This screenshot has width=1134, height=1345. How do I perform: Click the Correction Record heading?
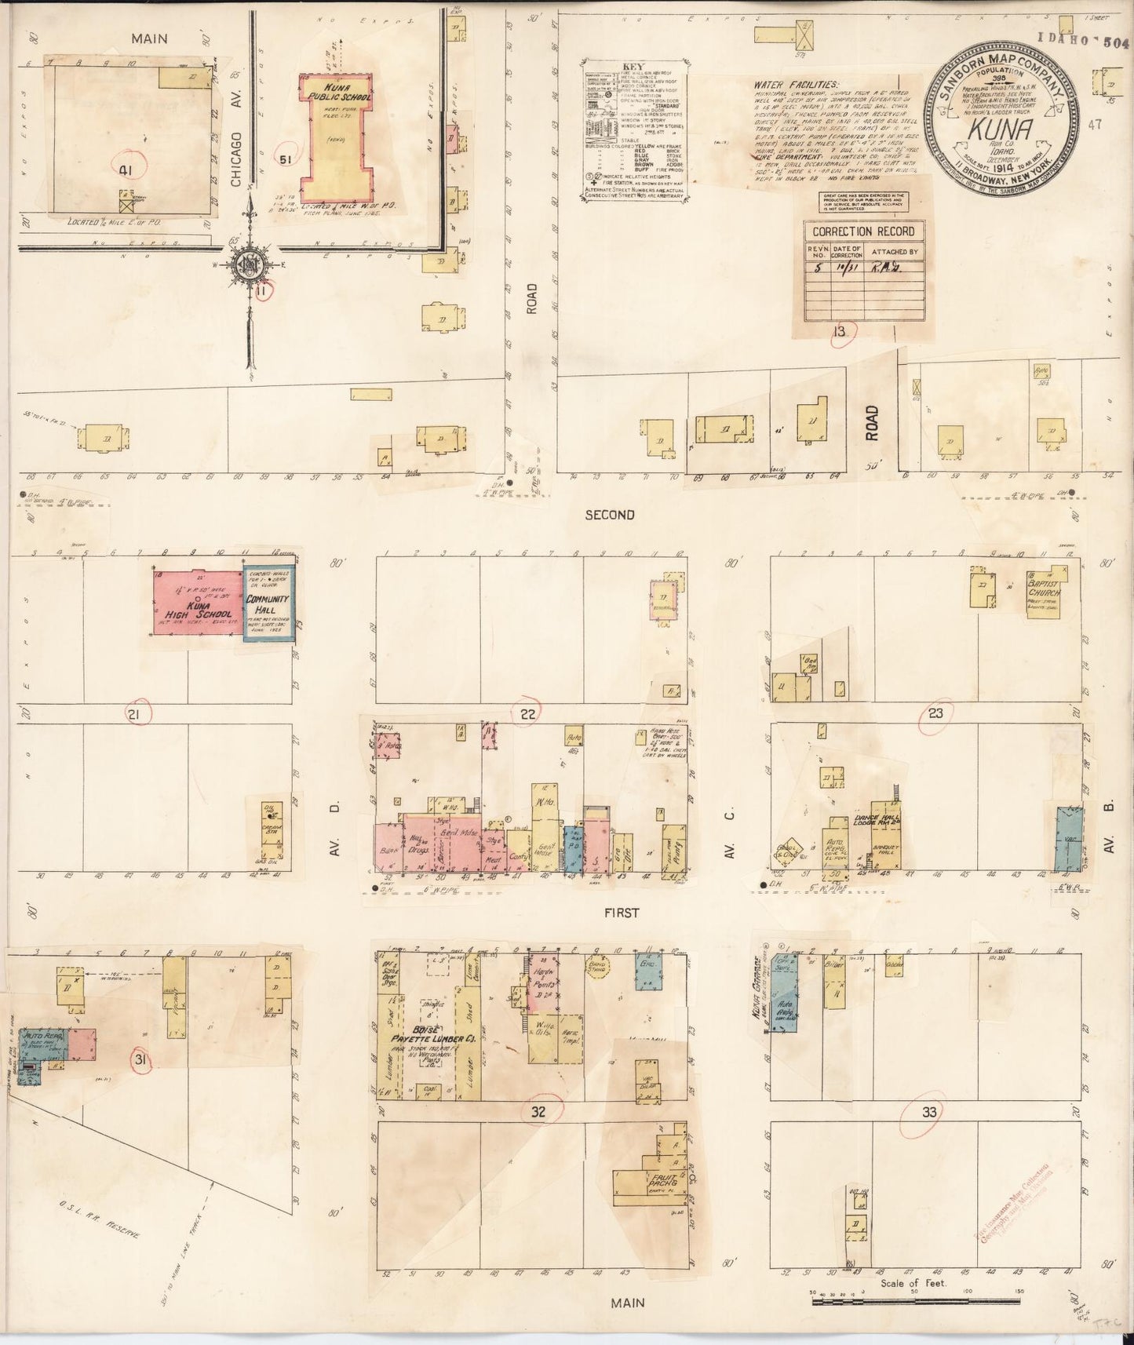(863, 231)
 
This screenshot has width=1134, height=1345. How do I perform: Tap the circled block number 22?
(527, 713)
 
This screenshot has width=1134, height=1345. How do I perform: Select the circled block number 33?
(929, 1111)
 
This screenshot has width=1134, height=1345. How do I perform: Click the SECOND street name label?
(609, 515)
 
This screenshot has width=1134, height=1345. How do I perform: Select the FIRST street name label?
(622, 913)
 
